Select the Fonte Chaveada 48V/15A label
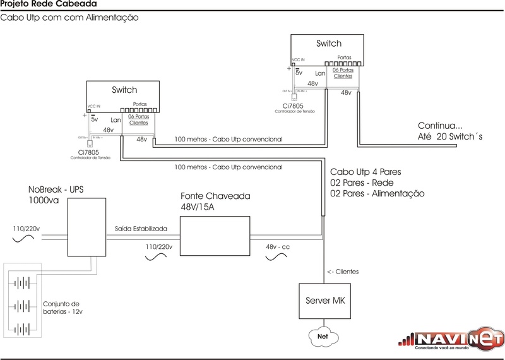click(x=215, y=201)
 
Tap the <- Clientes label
click(x=343, y=272)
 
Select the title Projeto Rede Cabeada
click(x=39, y=5)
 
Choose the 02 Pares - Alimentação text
click(x=377, y=193)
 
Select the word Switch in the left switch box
click(x=124, y=90)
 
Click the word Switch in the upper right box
click(x=328, y=44)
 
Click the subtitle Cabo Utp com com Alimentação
click(x=69, y=18)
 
